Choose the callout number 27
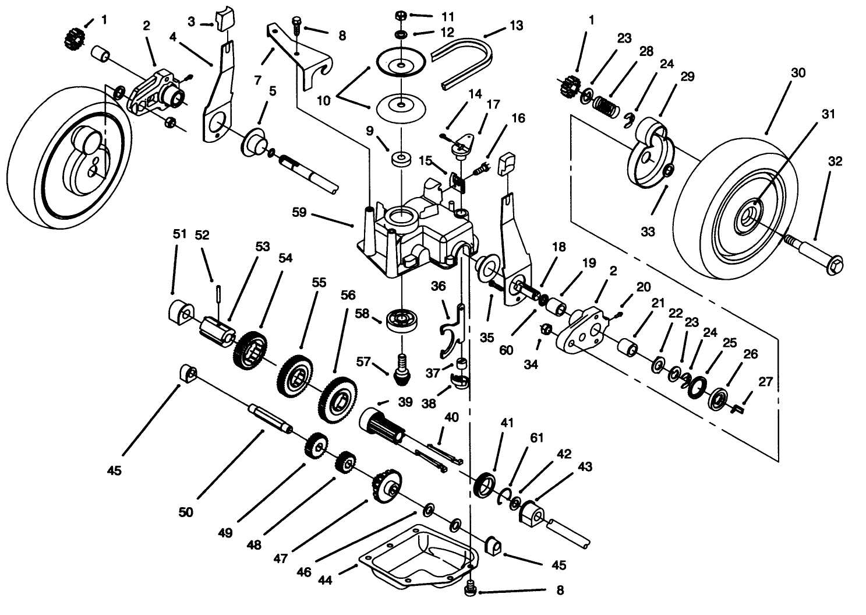coord(765,382)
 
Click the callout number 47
coord(282,557)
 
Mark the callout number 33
coord(648,231)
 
